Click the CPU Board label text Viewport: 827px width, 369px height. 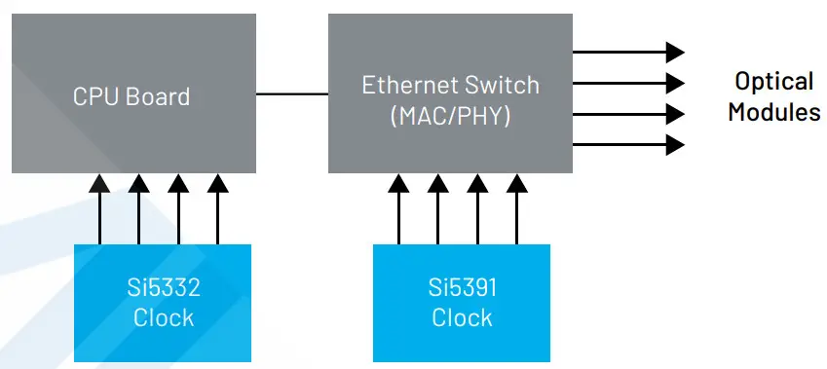132,97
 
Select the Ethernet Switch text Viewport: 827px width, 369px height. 450,85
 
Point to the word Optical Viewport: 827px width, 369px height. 773,81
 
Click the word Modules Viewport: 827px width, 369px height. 773,112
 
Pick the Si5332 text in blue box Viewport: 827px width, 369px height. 163,288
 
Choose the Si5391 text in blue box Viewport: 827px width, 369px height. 462,288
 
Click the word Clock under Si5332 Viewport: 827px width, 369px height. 163,318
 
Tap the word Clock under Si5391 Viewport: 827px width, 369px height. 462,318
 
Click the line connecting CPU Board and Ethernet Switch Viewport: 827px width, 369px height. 292,94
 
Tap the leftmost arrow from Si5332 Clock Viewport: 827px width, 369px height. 98,209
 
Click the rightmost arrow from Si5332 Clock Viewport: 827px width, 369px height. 218,209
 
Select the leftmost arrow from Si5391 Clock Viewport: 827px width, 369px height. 396,209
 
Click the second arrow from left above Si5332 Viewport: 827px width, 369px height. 138,209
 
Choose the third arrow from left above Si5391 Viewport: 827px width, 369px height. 476,209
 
